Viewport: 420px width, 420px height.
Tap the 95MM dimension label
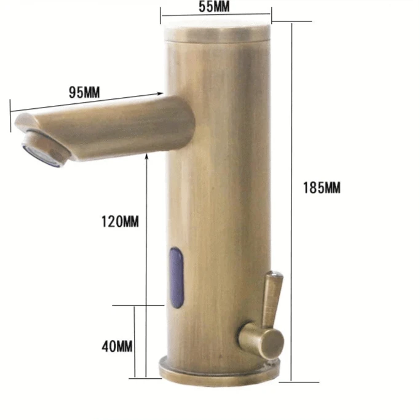click(84, 93)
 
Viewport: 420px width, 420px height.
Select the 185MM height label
click(322, 188)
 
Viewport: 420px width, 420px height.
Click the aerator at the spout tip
click(43, 151)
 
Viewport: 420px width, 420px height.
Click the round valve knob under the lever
click(259, 339)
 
